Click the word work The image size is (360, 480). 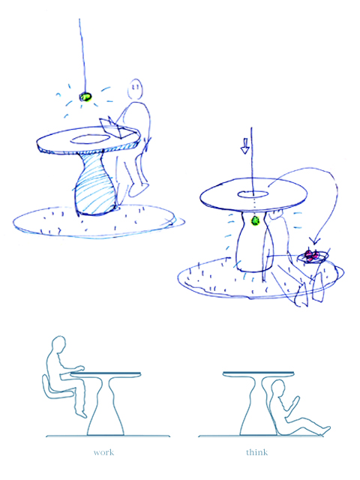click(x=103, y=452)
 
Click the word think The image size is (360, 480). click(x=256, y=452)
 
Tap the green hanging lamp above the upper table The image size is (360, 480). click(x=85, y=97)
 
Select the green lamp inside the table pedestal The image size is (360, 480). click(x=255, y=220)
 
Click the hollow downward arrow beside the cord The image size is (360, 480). click(x=244, y=146)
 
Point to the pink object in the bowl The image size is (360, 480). click(x=312, y=256)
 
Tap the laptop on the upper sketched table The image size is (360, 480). click(x=115, y=128)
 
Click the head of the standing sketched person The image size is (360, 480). click(x=135, y=89)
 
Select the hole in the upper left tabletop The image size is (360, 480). click(x=90, y=139)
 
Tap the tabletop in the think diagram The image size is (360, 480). click(x=258, y=373)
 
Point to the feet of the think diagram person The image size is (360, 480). click(x=325, y=430)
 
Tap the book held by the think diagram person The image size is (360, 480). click(x=295, y=401)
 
